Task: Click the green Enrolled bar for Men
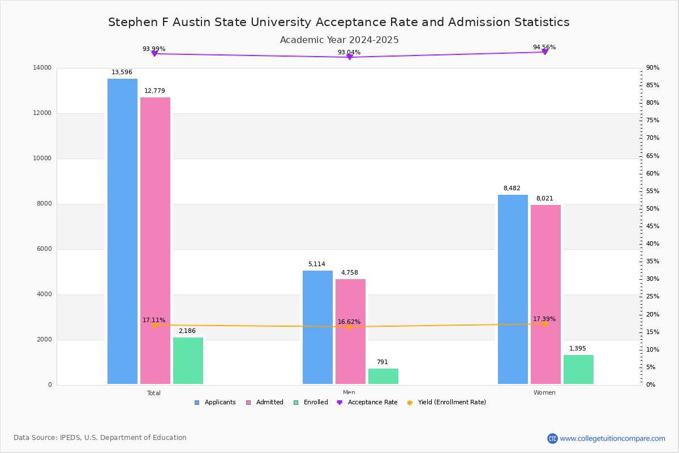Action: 383,377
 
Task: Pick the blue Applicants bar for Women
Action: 513,289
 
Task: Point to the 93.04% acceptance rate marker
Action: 349,57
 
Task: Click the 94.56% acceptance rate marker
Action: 544,52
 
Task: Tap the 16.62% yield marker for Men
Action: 349,327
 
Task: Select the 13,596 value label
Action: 122,72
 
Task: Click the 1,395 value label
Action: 578,349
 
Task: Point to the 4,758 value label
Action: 349,273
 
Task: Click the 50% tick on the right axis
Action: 653,209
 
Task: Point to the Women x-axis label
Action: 544,393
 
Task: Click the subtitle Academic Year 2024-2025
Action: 339,40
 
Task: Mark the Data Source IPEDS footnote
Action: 100,438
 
